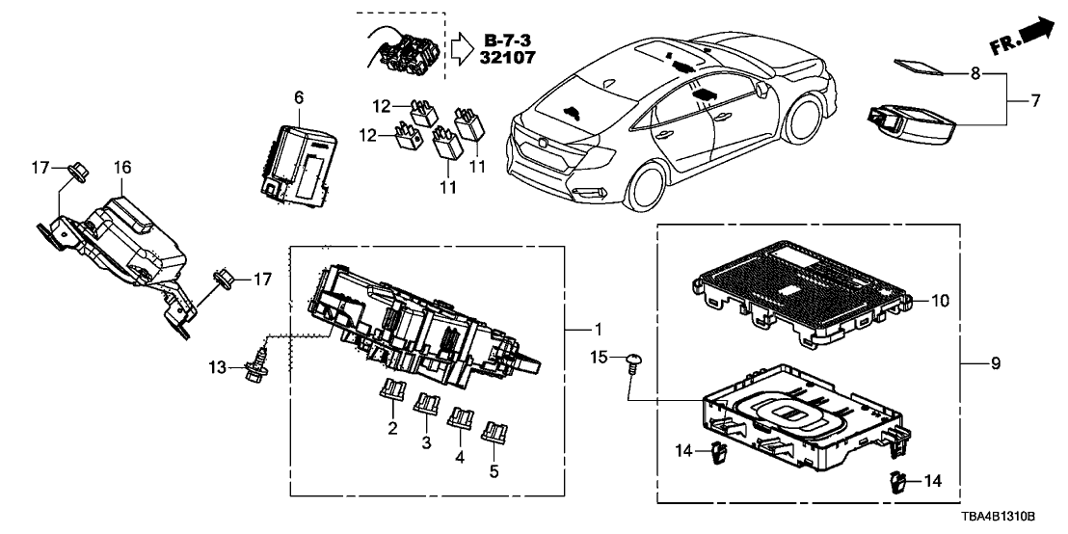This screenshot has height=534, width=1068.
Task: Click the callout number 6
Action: coord(298,97)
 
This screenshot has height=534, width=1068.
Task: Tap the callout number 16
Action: coord(121,167)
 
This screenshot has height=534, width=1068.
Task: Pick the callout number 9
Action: coord(996,364)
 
